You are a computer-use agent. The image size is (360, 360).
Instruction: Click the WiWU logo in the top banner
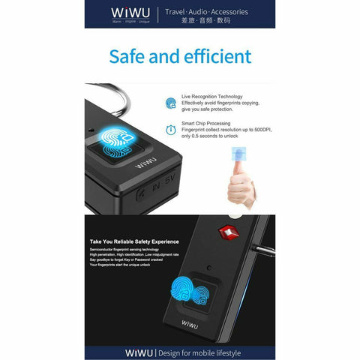[131, 13]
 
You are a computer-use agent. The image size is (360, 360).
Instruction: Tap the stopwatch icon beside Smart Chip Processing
[171, 130]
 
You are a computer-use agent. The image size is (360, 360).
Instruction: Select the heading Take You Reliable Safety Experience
[134, 241]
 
